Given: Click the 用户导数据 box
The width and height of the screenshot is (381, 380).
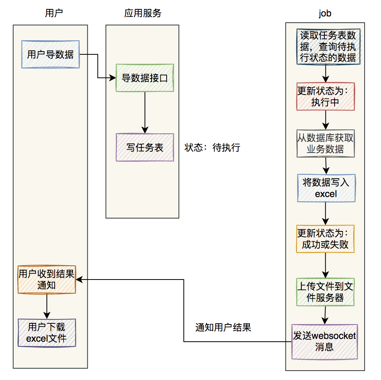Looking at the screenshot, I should point(50,54).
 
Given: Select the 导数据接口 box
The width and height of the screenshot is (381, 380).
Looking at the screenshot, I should point(145,78).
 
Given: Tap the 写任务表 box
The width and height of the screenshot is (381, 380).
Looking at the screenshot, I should point(145,147).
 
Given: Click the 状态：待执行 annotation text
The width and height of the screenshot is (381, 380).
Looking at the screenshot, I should point(212,148).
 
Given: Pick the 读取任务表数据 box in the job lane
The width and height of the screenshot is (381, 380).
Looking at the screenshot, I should point(328,47).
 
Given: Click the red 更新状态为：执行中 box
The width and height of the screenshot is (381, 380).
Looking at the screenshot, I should point(326,96).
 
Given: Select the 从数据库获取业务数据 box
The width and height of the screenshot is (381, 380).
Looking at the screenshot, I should point(326,143).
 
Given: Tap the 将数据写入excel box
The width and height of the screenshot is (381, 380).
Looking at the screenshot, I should point(326,188).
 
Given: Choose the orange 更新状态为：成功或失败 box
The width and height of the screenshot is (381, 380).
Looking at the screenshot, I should point(325,239).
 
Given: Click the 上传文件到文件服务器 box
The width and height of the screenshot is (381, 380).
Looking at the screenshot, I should point(325,292).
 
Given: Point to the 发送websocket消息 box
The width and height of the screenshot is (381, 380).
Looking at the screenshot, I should point(324,341).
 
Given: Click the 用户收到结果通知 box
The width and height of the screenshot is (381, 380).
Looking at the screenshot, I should point(46,280).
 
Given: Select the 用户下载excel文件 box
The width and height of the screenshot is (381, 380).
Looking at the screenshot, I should point(46,333).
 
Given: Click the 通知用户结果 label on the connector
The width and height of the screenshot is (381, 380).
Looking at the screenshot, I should point(223,328).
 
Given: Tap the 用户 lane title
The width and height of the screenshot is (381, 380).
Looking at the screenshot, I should point(54,13).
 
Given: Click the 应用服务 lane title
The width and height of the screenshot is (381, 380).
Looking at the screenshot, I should point(143,13).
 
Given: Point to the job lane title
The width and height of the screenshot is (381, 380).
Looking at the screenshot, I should point(325,13).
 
